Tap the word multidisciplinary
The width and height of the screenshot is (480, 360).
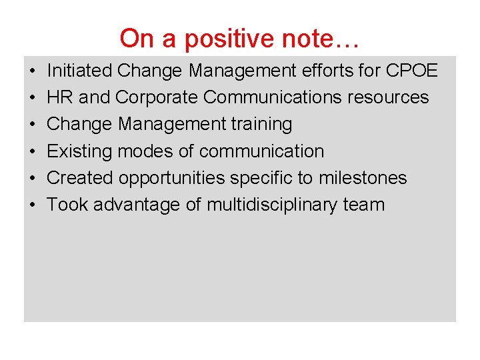tap(272, 205)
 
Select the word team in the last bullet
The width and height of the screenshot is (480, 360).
tap(364, 205)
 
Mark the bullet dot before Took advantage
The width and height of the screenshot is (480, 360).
tap(33, 205)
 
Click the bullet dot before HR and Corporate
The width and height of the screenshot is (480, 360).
tap(33, 98)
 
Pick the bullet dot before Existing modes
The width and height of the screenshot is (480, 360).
tap(33, 152)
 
